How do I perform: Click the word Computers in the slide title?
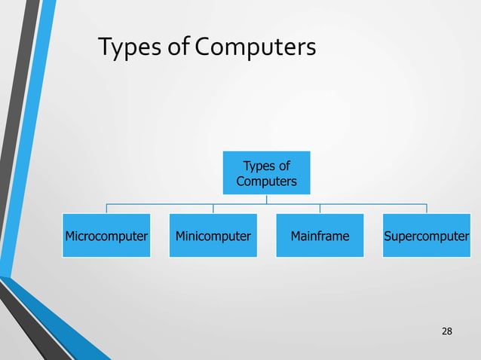pyautogui.click(x=255, y=49)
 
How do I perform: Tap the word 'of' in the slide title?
pyautogui.click(x=174, y=49)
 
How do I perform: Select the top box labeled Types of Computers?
pyautogui.click(x=266, y=172)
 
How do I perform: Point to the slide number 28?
pyautogui.click(x=447, y=332)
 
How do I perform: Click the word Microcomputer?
pyautogui.click(x=106, y=236)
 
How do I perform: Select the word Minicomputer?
pyautogui.click(x=213, y=236)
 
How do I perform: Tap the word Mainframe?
pyautogui.click(x=320, y=236)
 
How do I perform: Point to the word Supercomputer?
pyautogui.click(x=427, y=236)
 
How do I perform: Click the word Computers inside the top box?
pyautogui.click(x=266, y=182)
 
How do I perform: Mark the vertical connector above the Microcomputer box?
pyautogui.click(x=106, y=209)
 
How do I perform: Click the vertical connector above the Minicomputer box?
pyautogui.click(x=213, y=209)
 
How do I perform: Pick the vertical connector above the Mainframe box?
pyautogui.click(x=320, y=209)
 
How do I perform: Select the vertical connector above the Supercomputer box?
pyautogui.click(x=427, y=209)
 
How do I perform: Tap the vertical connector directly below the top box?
pyautogui.click(x=266, y=199)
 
